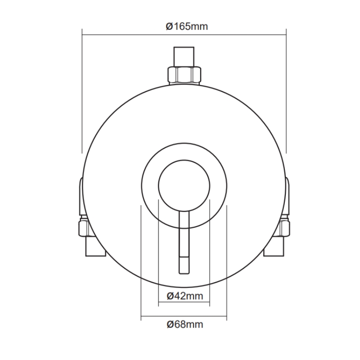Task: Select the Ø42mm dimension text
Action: pos(184,296)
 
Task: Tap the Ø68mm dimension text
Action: pos(184,324)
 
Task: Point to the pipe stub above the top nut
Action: pos(184,56)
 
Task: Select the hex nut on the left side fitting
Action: pos(84,227)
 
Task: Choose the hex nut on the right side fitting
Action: pos(284,227)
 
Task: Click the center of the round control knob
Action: pos(184,185)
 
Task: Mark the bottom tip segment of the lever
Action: pos(184,265)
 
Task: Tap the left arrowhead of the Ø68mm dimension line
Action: pos(144,317)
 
